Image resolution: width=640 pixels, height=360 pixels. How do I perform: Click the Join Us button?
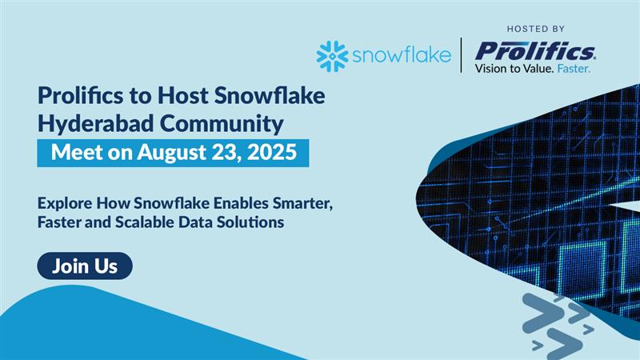coord(84,266)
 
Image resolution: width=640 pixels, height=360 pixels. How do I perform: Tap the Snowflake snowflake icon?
coord(331,57)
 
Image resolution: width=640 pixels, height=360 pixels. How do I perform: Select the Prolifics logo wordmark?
coord(535,52)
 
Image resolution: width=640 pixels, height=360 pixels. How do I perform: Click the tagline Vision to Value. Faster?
coord(533,70)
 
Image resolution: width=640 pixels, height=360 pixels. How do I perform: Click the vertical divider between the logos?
coord(462,54)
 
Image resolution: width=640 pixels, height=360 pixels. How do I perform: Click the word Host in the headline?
coord(177,97)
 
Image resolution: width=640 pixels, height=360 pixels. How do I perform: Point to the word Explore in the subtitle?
coord(65,203)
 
